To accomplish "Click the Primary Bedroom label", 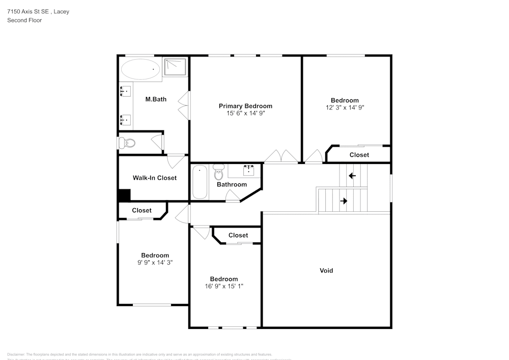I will click(245, 106).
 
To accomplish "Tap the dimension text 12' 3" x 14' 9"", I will click(345, 107).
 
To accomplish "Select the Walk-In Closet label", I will click(154, 178).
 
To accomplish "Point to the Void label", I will click(326, 270).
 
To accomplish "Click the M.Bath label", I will click(156, 99).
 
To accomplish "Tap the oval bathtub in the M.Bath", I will click(140, 69).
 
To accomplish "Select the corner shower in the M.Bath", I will click(175, 66).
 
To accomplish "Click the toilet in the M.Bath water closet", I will click(127, 144).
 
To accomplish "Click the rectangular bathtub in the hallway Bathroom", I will click(200, 182).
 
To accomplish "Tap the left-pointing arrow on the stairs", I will click(352, 176).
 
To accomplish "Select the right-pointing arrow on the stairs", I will click(344, 201).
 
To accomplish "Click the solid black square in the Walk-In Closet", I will click(124, 195).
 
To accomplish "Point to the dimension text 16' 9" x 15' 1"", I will click(223, 286).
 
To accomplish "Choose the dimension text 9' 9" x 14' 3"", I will click(155, 263).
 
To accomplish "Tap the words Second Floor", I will click(24, 20).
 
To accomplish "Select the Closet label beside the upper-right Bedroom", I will click(359, 155).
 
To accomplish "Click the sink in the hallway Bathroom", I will click(249, 170).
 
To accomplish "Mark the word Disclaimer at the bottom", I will click(16, 354).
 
